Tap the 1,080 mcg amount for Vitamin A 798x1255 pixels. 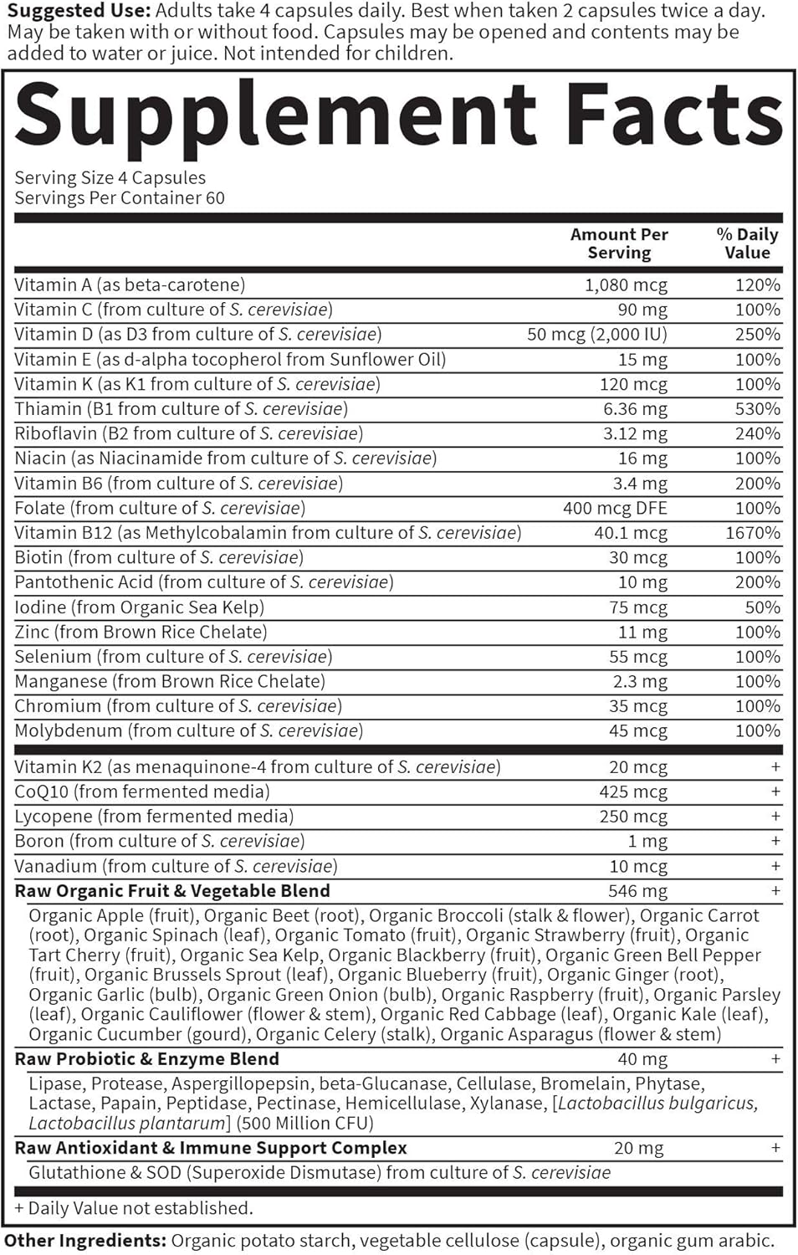point(626,284)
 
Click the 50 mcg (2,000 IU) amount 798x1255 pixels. point(597,334)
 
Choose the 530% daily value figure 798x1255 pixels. point(758,408)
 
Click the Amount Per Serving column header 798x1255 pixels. point(619,243)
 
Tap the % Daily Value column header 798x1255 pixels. point(747,243)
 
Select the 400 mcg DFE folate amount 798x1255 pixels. point(615,508)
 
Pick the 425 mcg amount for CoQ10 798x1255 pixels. point(633,791)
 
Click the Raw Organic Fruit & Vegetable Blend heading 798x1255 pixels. point(172,890)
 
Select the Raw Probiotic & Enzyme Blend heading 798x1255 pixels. point(146,1058)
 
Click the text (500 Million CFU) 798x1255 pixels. point(304,1123)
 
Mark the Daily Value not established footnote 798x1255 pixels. point(134,1208)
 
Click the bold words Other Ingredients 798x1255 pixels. point(84,1241)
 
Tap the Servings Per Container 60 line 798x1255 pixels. point(120,198)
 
